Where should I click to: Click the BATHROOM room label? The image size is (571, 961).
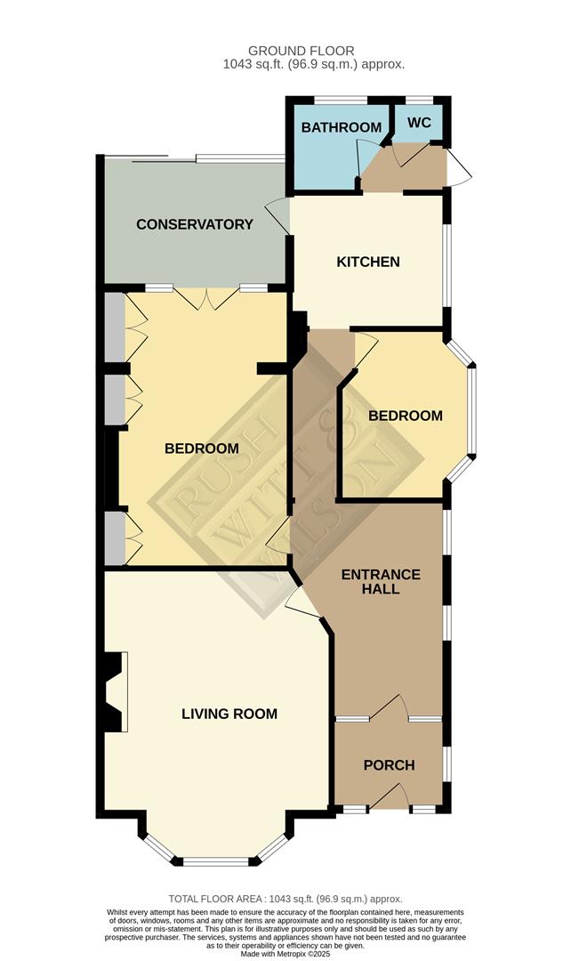pyautogui.click(x=341, y=127)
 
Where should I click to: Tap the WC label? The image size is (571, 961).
pyautogui.click(x=420, y=122)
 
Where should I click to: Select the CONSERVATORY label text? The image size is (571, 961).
pyautogui.click(x=195, y=224)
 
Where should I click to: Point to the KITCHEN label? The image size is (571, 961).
pyautogui.click(x=368, y=262)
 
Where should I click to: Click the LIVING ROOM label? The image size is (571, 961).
pyautogui.click(x=229, y=714)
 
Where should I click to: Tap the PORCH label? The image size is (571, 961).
pyautogui.click(x=390, y=765)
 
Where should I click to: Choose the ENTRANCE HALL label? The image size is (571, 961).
pyautogui.click(x=381, y=582)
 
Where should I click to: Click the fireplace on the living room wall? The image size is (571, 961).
pyautogui.click(x=115, y=691)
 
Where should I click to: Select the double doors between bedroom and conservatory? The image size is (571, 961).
pyautogui.click(x=205, y=299)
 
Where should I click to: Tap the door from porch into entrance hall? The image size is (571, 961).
pyautogui.click(x=388, y=707)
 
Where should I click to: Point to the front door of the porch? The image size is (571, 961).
pyautogui.click(x=388, y=797)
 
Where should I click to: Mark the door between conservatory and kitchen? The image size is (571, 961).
pyautogui.click(x=278, y=214)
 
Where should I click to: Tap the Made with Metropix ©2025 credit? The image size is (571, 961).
pyautogui.click(x=285, y=954)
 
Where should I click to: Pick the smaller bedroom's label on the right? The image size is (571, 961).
pyautogui.click(x=406, y=416)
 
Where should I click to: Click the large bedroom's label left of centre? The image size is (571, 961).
pyautogui.click(x=202, y=448)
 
